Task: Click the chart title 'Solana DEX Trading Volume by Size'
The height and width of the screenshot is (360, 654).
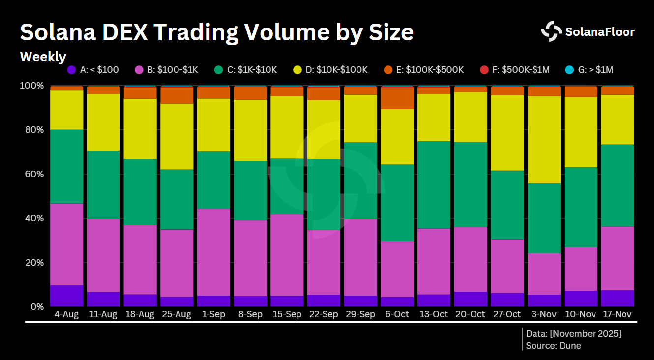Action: coord(216,32)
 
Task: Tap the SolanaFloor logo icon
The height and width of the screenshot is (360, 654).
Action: coord(551,31)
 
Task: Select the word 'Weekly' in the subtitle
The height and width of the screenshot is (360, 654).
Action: coord(43,57)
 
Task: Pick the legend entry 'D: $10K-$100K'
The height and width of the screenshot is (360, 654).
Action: coord(336,70)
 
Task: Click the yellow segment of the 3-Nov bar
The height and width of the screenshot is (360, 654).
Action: coord(544,140)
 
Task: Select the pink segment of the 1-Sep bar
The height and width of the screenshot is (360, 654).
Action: coord(213,252)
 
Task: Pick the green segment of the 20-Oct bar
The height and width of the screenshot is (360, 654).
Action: coord(470,184)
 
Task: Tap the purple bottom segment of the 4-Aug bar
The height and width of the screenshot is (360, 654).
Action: coord(66,296)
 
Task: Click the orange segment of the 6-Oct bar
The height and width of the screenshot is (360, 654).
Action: coord(397,98)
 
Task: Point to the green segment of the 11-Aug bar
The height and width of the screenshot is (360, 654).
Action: coord(103,185)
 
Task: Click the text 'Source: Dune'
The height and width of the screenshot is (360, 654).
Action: coord(553,346)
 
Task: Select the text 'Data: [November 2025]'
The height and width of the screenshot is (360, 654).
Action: coord(573,334)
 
